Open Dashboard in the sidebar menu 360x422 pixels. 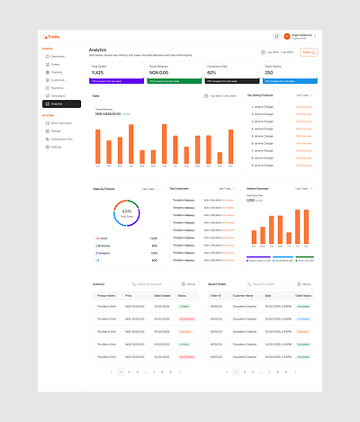58,56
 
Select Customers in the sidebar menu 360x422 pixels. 58,80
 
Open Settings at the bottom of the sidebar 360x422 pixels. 56,146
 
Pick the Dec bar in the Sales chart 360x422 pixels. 232,148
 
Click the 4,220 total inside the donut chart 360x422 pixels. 127,212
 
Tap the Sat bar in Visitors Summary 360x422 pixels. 300,229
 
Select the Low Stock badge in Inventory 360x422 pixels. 184,331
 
